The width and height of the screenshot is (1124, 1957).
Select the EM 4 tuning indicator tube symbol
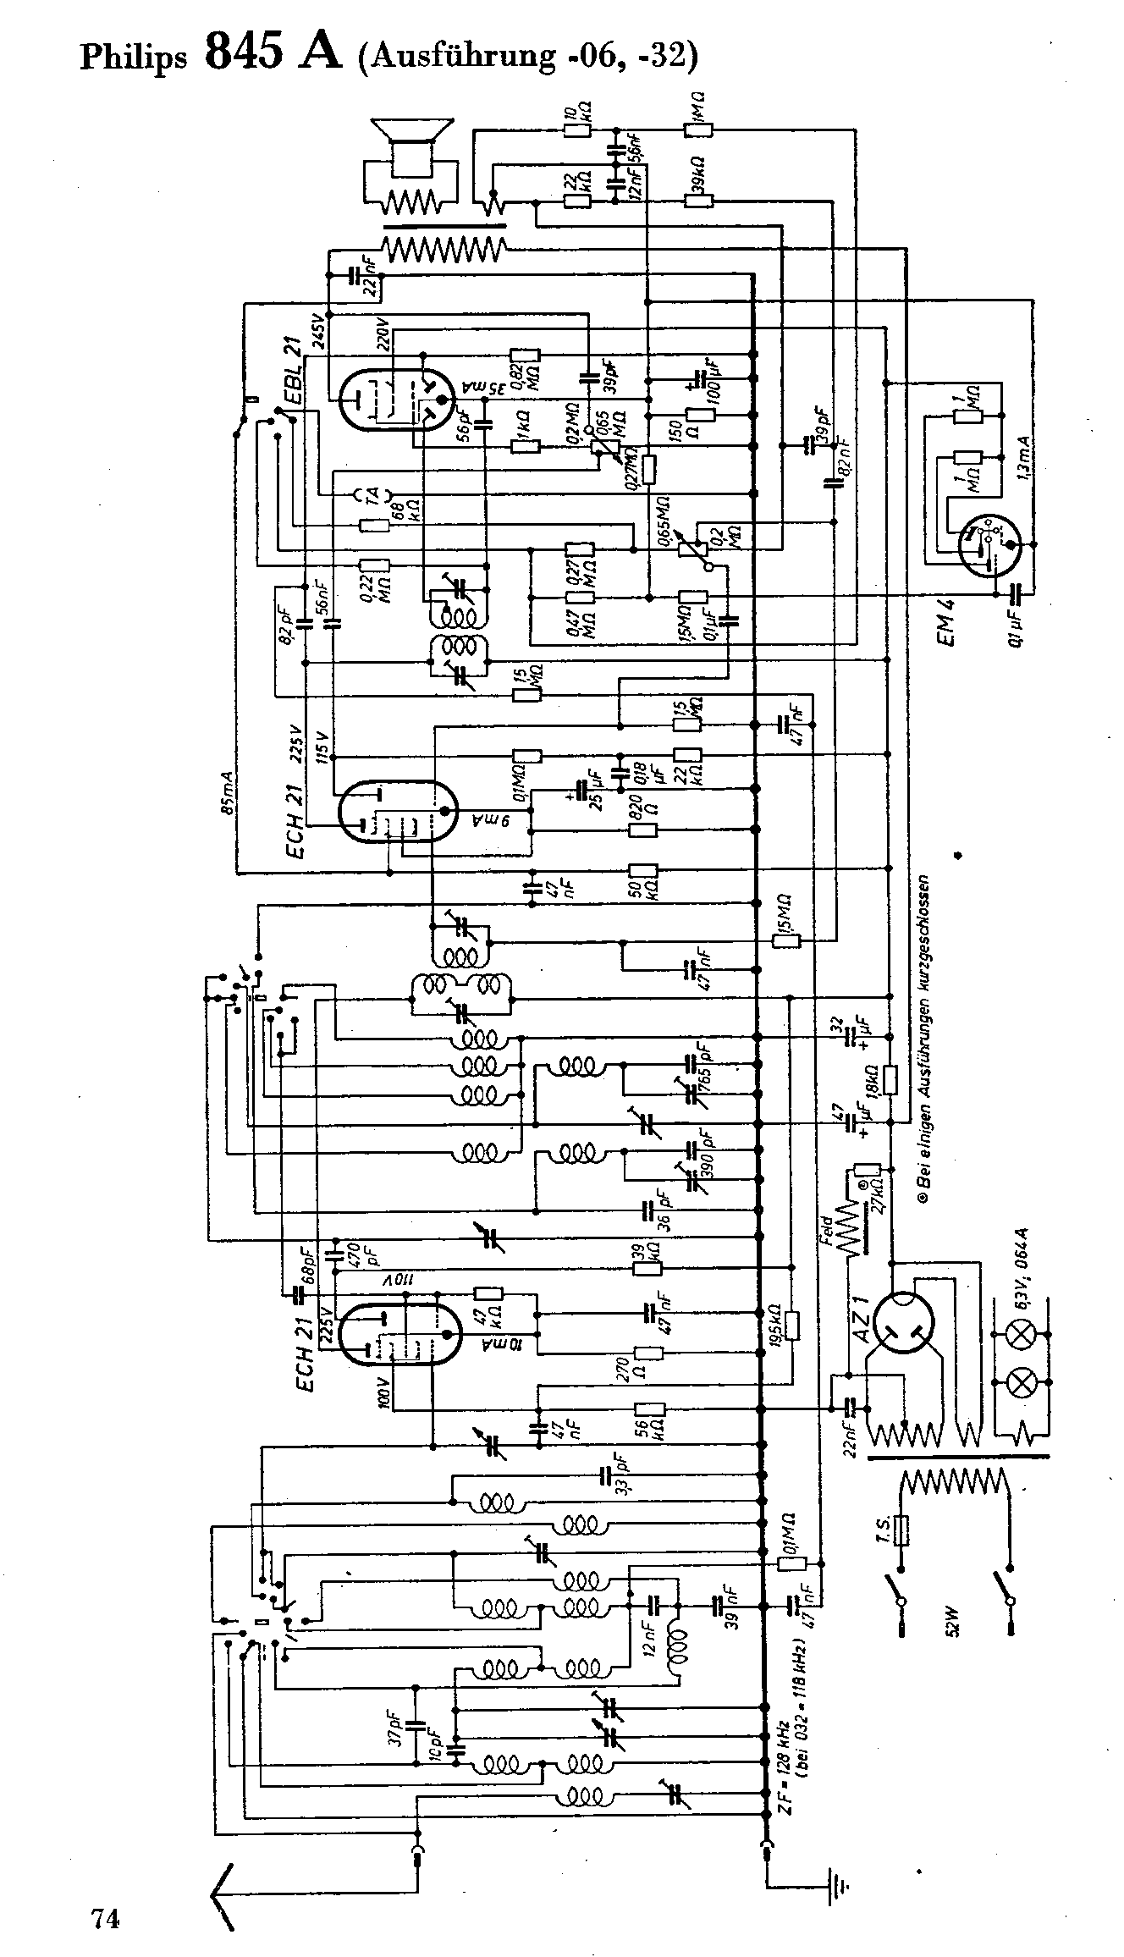click(x=989, y=546)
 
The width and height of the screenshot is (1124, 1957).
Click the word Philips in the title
click(x=133, y=58)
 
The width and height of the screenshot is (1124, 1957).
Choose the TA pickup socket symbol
click(x=373, y=494)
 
